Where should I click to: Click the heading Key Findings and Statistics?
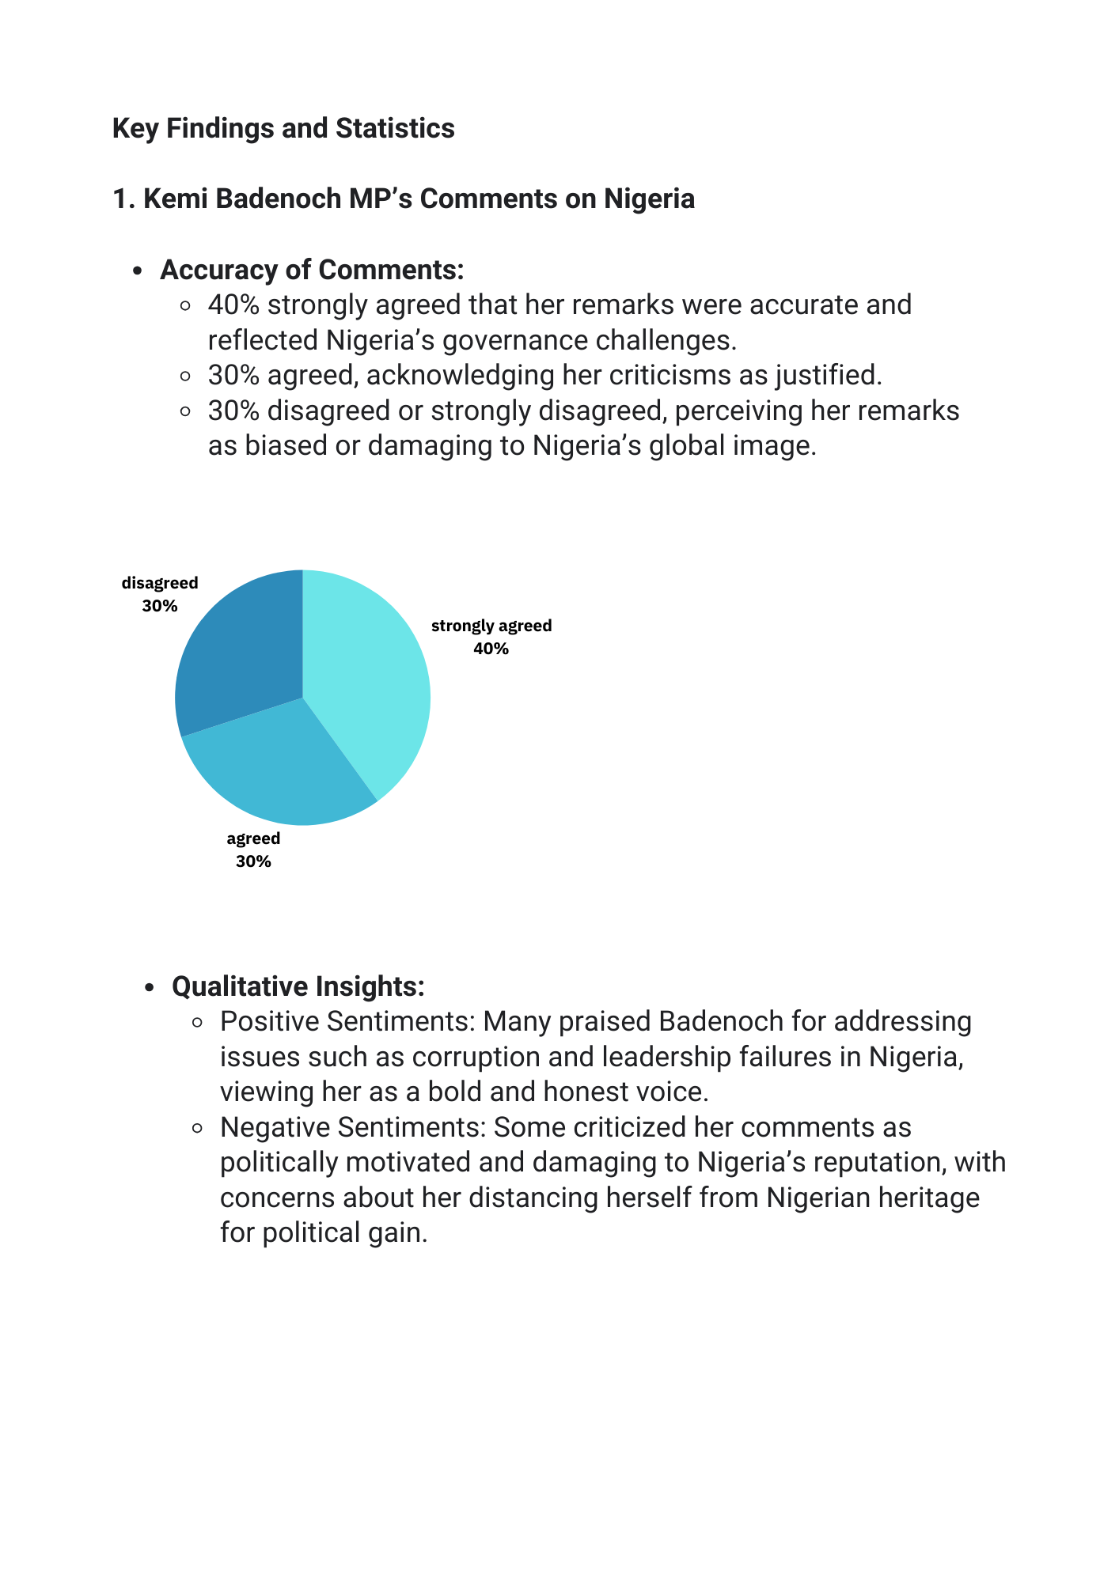pyautogui.click(x=283, y=128)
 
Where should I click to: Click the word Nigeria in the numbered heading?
pyautogui.click(x=649, y=199)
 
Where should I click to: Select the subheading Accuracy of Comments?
pyautogui.click(x=312, y=270)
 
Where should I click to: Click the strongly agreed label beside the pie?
pyautogui.click(x=491, y=626)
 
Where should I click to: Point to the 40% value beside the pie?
pyautogui.click(x=491, y=649)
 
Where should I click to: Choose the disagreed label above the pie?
pyautogui.click(x=160, y=583)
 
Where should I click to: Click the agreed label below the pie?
pyautogui.click(x=253, y=838)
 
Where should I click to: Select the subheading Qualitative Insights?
pyautogui.click(x=298, y=986)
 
